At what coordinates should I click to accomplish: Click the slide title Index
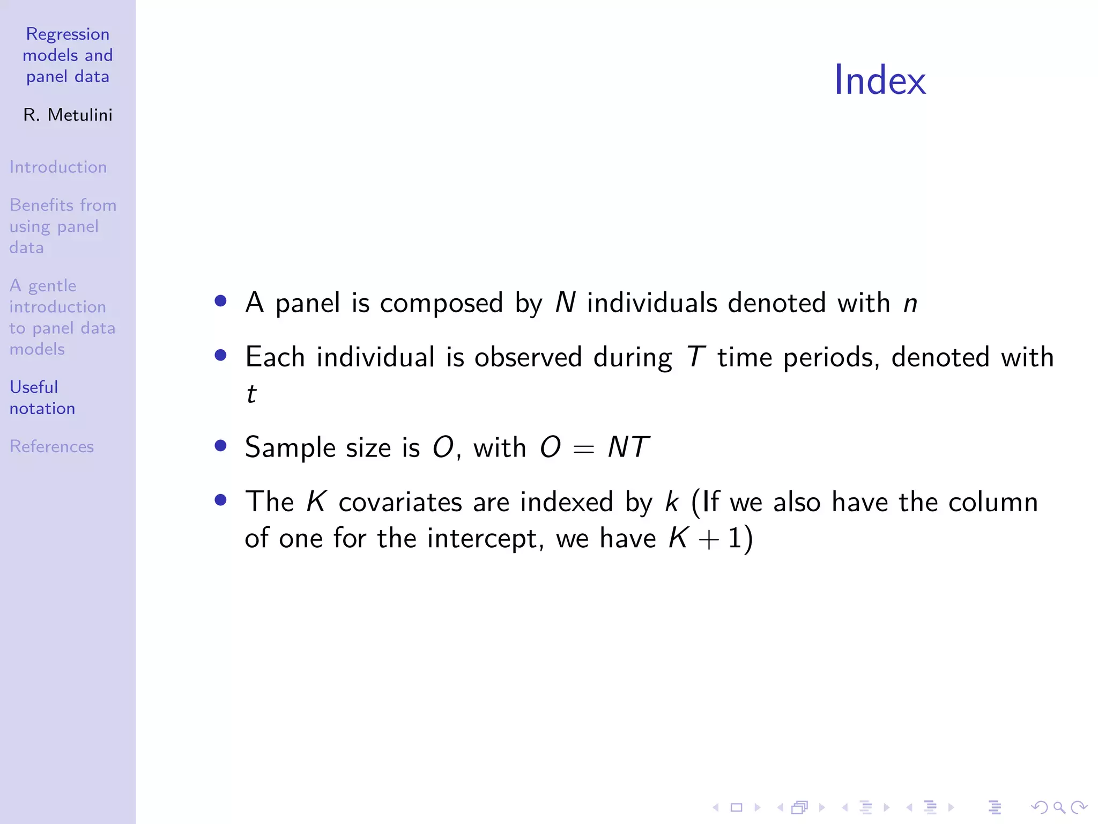[x=879, y=80]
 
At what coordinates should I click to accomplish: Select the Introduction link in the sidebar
[x=58, y=167]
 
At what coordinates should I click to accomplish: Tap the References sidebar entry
[x=51, y=446]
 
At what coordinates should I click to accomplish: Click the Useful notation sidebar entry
[x=42, y=398]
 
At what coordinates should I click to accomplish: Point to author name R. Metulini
[x=68, y=115]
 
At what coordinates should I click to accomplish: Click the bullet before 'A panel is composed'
[x=220, y=300]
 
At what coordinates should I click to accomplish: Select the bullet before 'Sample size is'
[x=220, y=445]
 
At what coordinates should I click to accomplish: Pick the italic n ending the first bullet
[x=910, y=304]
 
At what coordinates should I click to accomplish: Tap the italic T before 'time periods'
[x=695, y=357]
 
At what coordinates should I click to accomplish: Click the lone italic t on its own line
[x=251, y=394]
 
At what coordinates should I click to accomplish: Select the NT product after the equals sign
[x=628, y=447]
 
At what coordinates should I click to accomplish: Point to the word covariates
[x=400, y=503]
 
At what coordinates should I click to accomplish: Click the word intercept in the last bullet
[x=485, y=539]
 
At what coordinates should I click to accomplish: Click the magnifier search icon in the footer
[x=1059, y=807]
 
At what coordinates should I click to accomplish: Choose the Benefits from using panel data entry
[x=62, y=226]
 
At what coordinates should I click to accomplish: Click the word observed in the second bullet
[x=528, y=357]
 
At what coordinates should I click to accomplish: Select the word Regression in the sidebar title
[x=68, y=34]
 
